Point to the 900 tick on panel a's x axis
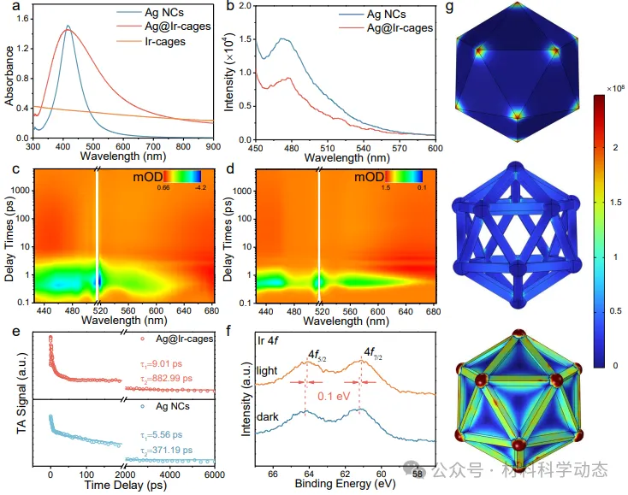coord(212,146)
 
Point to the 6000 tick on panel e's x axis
coord(213,474)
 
